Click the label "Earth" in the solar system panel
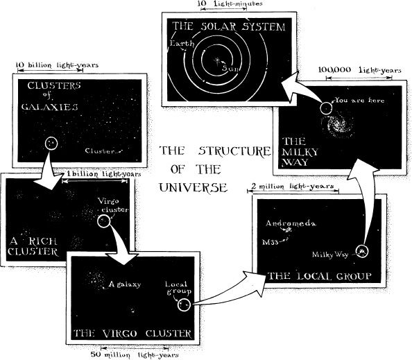click(x=182, y=44)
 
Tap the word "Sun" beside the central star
click(x=231, y=68)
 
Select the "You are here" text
click(x=359, y=101)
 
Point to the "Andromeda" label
click(x=291, y=223)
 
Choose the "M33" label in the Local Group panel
click(x=270, y=242)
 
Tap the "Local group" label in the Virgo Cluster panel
click(x=178, y=288)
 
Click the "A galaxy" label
click(x=125, y=284)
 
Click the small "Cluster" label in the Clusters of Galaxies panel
click(x=100, y=151)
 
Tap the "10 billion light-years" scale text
click(x=57, y=65)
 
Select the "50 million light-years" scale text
click(x=135, y=354)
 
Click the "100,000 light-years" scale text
click(x=360, y=70)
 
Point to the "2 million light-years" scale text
click(x=293, y=187)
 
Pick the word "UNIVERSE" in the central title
click(x=193, y=187)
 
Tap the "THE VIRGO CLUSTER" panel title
click(x=132, y=334)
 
